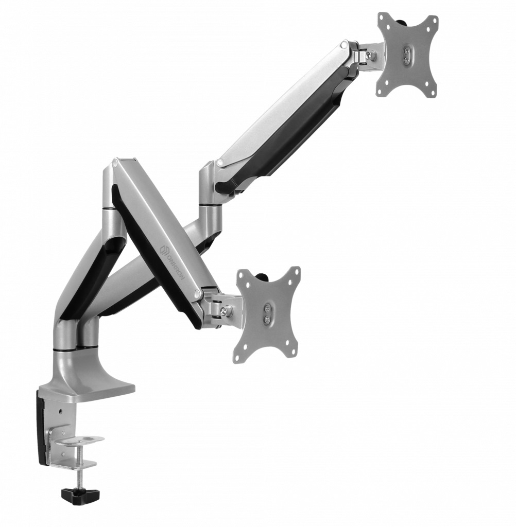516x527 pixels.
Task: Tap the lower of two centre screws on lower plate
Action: coord(267,318)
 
